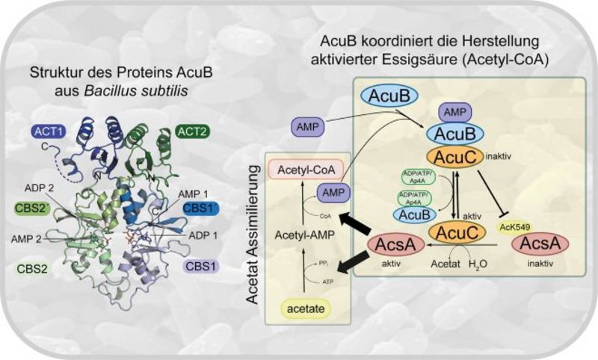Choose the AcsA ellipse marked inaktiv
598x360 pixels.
pos(541,243)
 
